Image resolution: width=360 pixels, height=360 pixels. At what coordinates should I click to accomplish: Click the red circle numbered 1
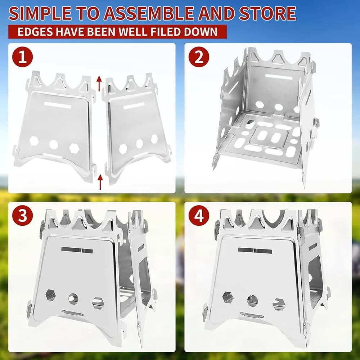[x=22, y=57]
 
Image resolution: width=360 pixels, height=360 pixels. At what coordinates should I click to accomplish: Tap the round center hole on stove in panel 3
[x=73, y=298]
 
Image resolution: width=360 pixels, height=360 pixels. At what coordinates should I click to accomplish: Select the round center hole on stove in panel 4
[x=252, y=300]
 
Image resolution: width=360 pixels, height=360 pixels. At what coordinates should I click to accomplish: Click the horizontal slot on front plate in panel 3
[x=77, y=250]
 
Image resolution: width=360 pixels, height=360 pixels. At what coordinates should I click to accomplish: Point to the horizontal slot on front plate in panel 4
[x=255, y=251]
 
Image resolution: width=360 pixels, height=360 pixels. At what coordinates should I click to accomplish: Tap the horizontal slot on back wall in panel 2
[x=279, y=77]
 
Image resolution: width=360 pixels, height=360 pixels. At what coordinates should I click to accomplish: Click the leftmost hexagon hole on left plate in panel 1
[x=34, y=141]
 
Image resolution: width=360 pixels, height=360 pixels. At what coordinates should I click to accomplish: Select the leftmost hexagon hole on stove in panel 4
[x=228, y=297]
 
